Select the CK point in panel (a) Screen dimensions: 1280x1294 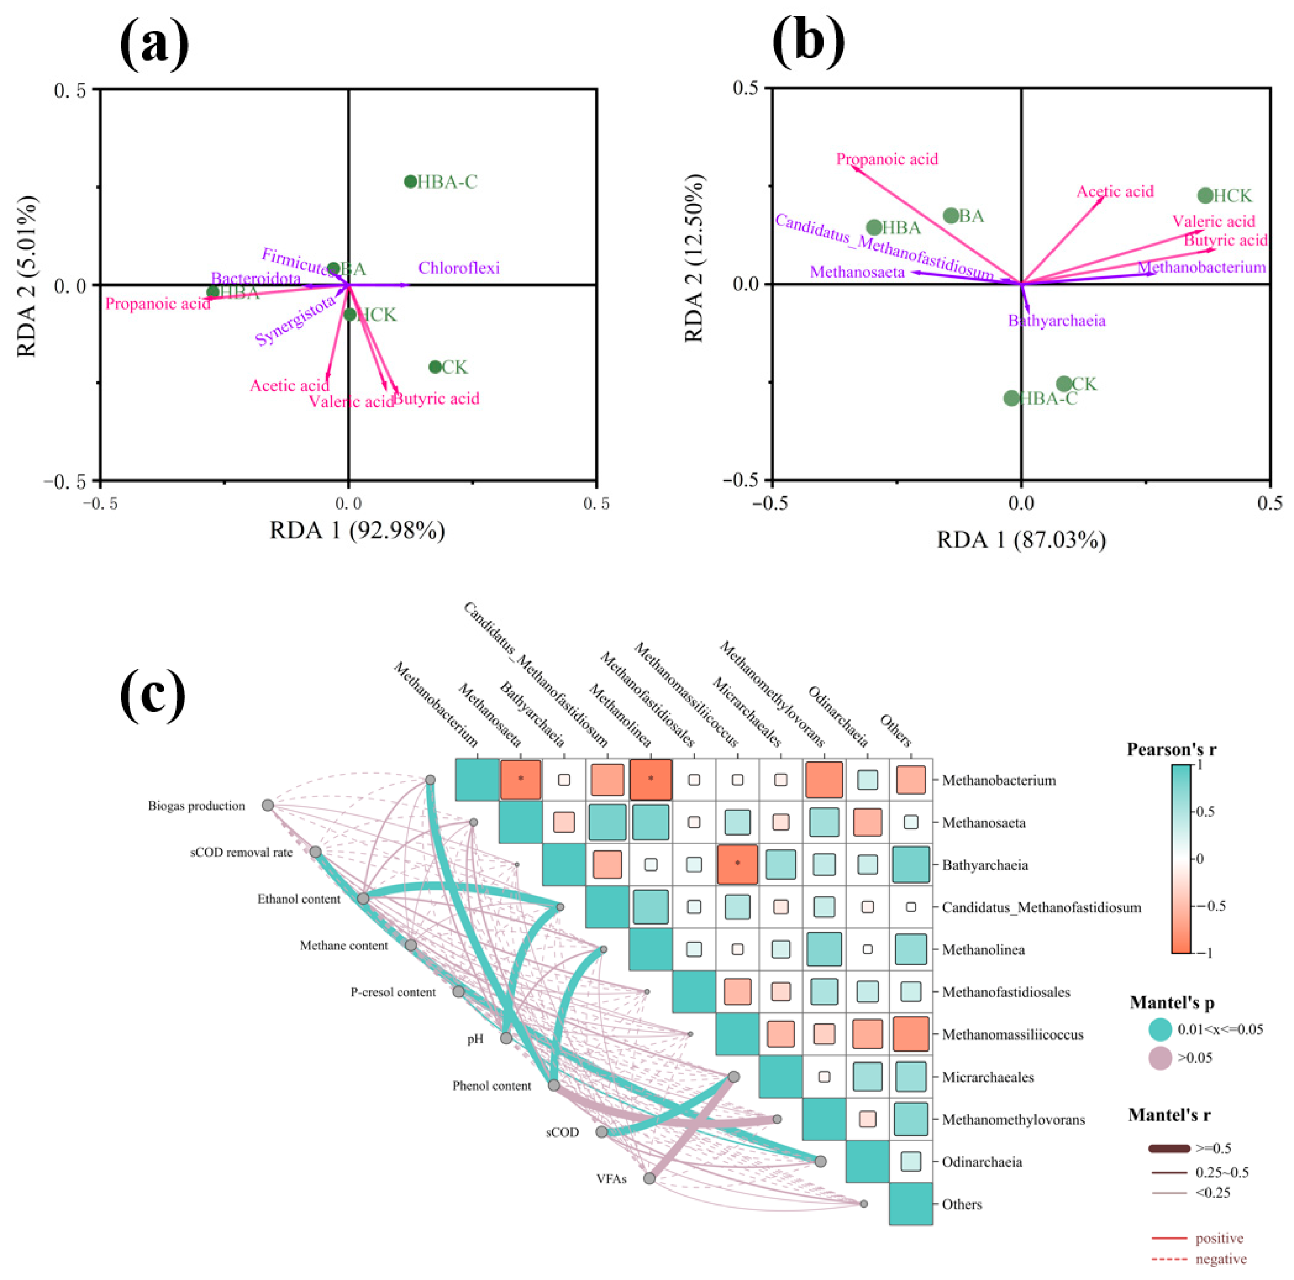click(435, 367)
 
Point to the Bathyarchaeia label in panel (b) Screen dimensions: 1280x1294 click(1056, 321)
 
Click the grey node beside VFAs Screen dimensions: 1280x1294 click(649, 1178)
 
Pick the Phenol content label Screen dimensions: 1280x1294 click(492, 1086)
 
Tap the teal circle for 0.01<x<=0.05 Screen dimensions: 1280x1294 click(1160, 1029)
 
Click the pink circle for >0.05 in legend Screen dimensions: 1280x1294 click(1160, 1058)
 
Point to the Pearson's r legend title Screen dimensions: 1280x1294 click(1171, 750)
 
